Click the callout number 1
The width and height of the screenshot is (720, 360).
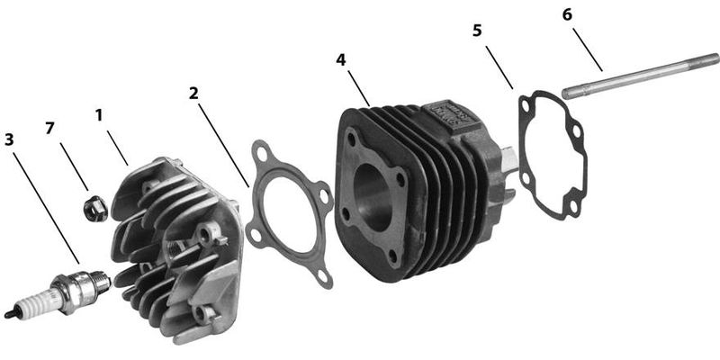point(99,115)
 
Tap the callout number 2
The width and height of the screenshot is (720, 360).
point(193,94)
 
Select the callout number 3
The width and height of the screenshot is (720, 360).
point(9,139)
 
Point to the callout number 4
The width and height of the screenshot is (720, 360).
point(341,59)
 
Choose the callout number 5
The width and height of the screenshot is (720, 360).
point(478,31)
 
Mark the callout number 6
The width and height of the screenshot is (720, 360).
point(568,14)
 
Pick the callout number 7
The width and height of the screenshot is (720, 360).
point(49,129)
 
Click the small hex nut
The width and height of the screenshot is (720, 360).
point(95,208)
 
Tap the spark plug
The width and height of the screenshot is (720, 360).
point(58,292)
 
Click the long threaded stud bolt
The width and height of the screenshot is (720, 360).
point(641,76)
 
